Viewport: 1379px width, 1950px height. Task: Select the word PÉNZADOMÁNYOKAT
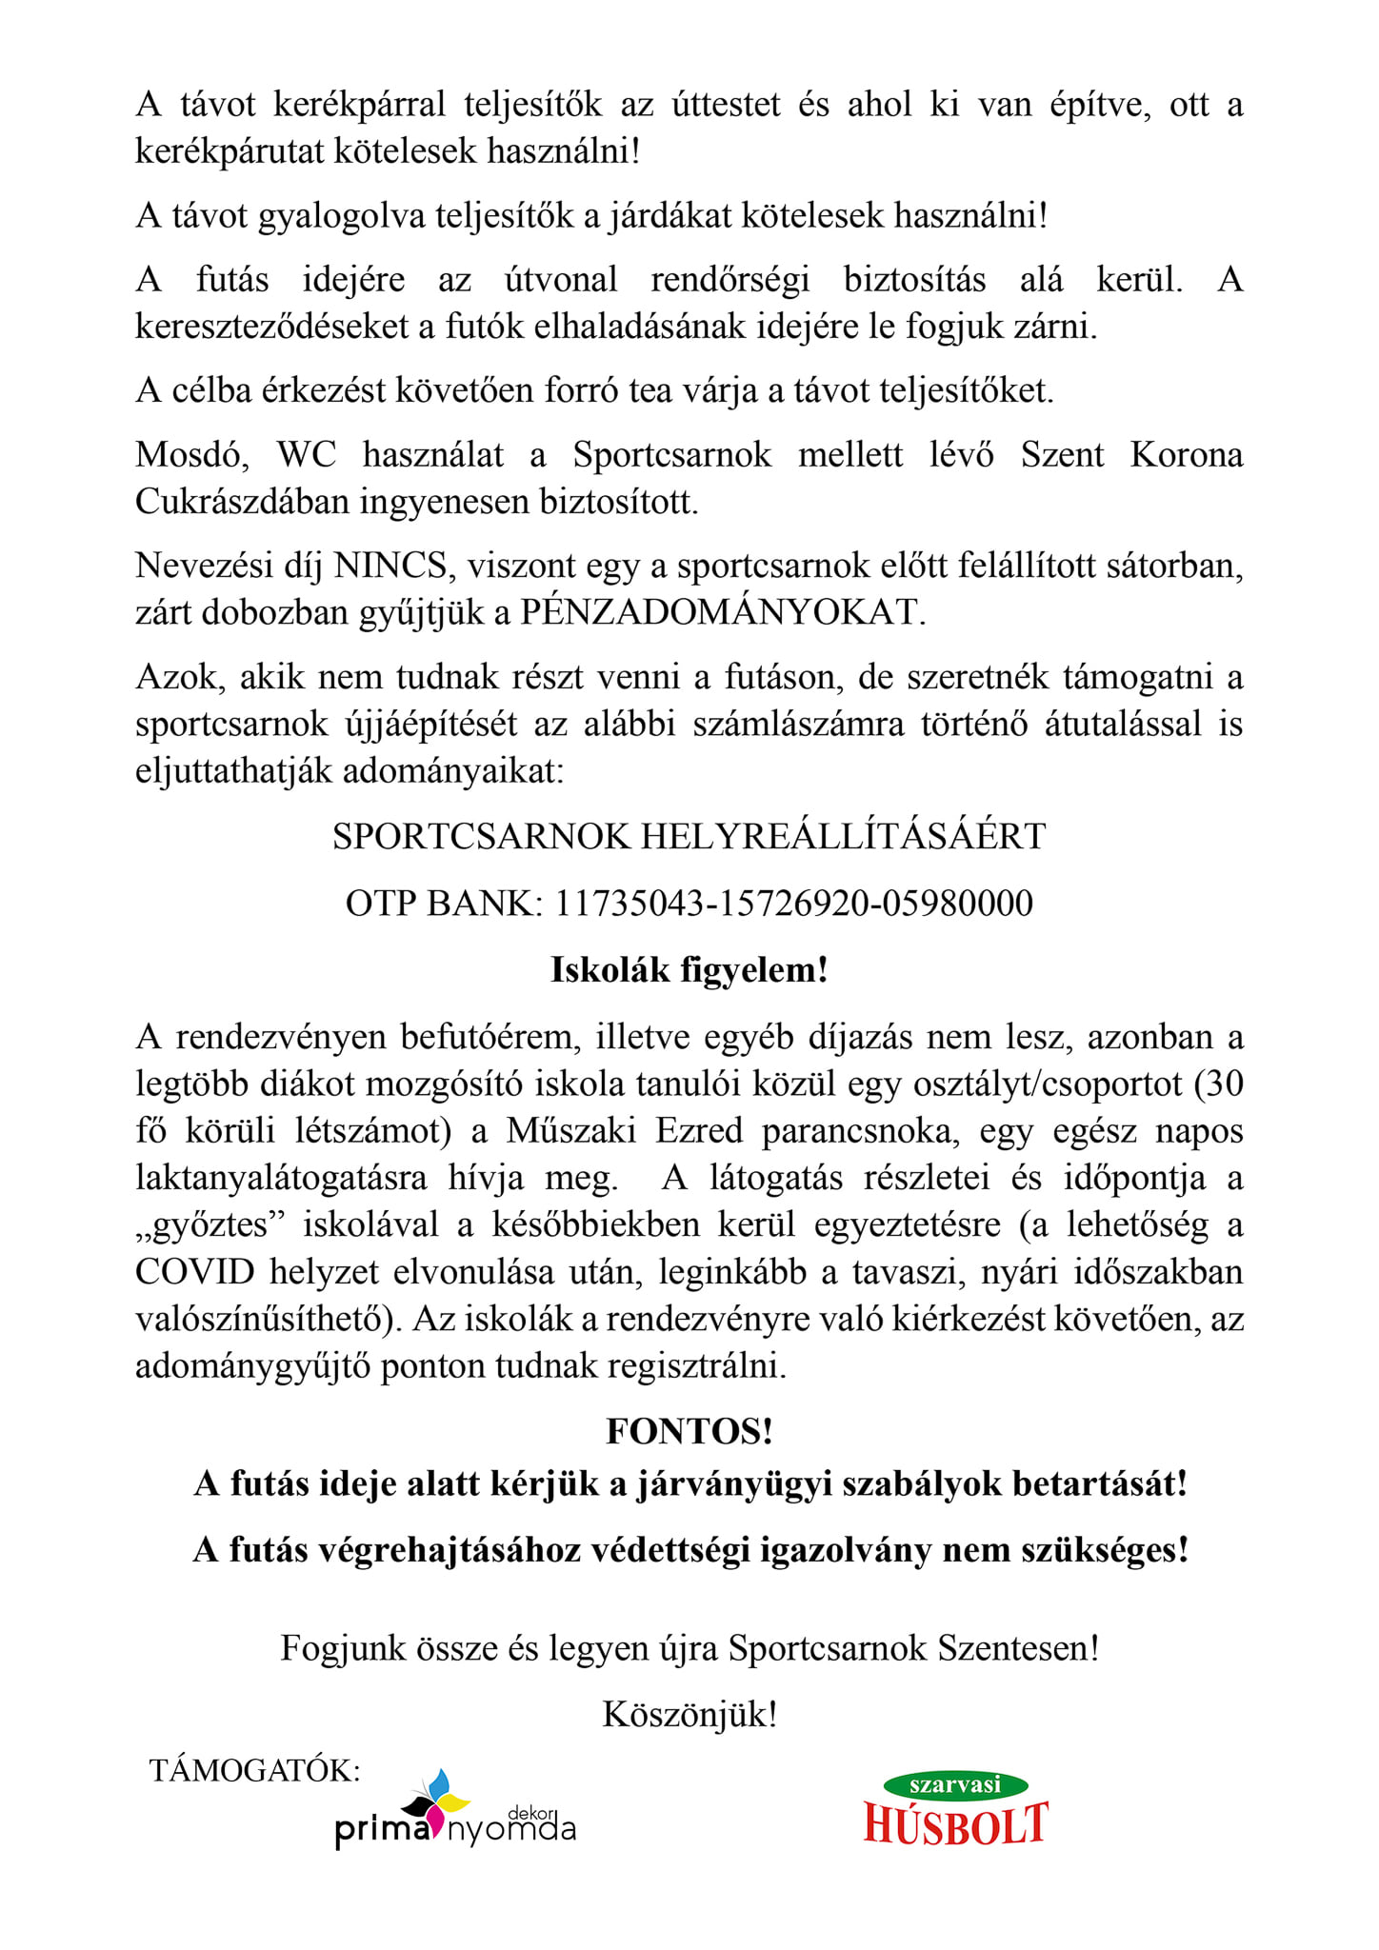click(x=722, y=612)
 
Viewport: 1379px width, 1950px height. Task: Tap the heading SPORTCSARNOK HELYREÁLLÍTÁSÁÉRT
click(x=689, y=836)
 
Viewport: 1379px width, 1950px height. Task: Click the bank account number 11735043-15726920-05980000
click(x=793, y=903)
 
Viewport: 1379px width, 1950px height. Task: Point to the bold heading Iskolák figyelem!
click(x=689, y=970)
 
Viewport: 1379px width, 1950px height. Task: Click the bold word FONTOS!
click(x=689, y=1431)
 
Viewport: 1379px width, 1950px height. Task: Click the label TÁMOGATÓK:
click(x=255, y=1770)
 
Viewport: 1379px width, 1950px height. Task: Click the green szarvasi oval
click(x=955, y=1785)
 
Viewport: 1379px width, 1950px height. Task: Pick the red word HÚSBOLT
click(x=955, y=1824)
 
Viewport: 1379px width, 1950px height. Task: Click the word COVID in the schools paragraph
click(x=195, y=1272)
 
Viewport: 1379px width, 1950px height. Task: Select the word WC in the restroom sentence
click(x=307, y=454)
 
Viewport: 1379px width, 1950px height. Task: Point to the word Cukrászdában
click(x=242, y=502)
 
